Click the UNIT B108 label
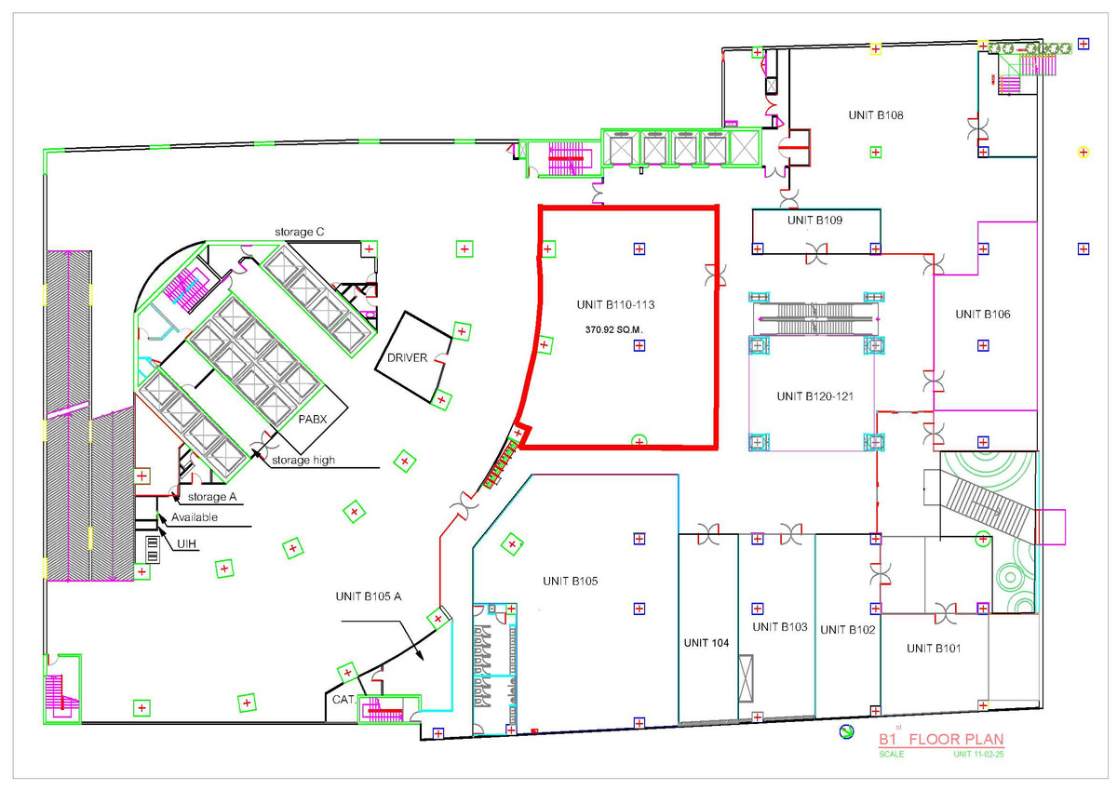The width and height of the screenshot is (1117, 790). (x=876, y=115)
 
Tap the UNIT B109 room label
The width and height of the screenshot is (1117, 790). (x=814, y=221)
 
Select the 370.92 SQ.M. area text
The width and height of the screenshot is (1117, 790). (x=613, y=330)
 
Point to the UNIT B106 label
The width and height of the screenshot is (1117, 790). (x=983, y=315)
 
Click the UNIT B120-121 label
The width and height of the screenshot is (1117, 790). (x=814, y=396)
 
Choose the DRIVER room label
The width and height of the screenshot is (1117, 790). (x=408, y=358)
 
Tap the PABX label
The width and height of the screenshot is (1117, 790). (x=313, y=420)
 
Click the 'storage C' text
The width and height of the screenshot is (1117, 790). (x=299, y=233)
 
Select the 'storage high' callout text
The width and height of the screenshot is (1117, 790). (x=303, y=461)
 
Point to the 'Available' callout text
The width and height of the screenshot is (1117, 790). (x=195, y=517)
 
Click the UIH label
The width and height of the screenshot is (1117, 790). (x=186, y=543)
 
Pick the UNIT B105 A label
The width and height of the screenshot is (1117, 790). (x=369, y=596)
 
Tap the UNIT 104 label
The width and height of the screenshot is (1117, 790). (x=707, y=643)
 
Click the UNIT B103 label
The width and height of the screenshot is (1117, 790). (x=780, y=627)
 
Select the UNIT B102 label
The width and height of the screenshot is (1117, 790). (x=848, y=630)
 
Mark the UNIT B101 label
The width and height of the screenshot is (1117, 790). (x=934, y=649)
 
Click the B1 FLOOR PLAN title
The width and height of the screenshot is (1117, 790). (x=941, y=739)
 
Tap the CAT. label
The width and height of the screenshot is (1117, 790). (x=343, y=700)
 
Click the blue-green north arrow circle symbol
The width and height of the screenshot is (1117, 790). (x=846, y=731)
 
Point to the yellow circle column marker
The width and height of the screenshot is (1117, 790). (x=1083, y=153)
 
